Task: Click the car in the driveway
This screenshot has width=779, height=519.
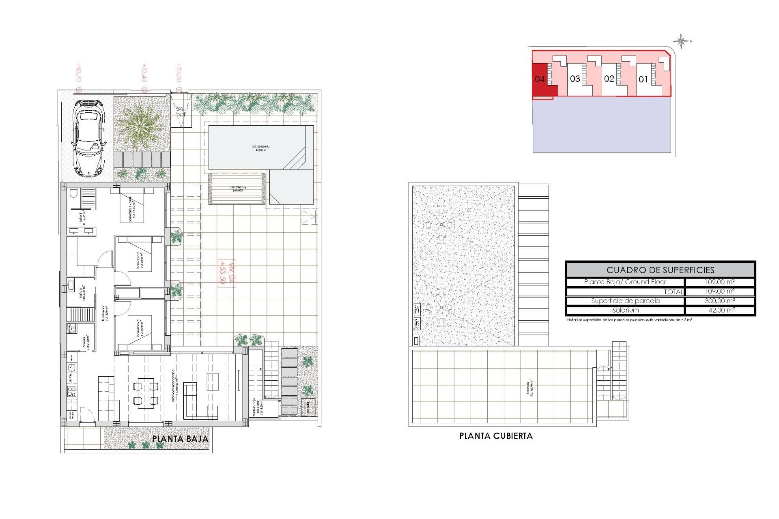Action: coord(88,138)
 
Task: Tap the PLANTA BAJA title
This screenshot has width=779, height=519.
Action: coord(180,439)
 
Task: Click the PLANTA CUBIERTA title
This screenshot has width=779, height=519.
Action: coord(496,436)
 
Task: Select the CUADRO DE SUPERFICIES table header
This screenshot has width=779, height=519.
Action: coord(660,270)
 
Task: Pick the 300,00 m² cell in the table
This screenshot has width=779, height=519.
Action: coord(719,301)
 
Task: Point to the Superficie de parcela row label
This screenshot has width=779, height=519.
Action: coord(625,301)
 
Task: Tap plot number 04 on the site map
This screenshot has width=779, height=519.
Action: coord(540,79)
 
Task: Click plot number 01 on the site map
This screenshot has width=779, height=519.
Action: coord(643,79)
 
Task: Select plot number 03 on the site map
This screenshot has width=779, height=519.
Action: coord(575,79)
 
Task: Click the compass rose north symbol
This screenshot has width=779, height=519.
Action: coord(681,41)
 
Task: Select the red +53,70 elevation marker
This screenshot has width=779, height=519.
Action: coord(79,77)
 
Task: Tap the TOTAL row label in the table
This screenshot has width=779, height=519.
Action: coord(674,292)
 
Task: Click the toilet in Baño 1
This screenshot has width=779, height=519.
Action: coord(73,193)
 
